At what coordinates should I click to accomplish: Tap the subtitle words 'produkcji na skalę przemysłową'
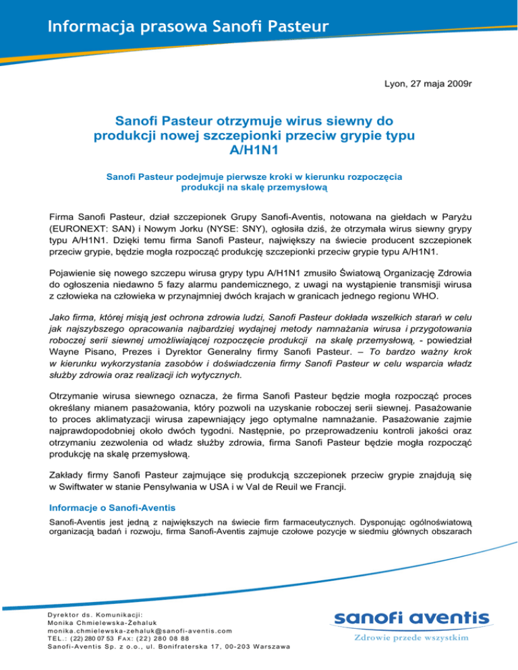coord(254,189)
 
